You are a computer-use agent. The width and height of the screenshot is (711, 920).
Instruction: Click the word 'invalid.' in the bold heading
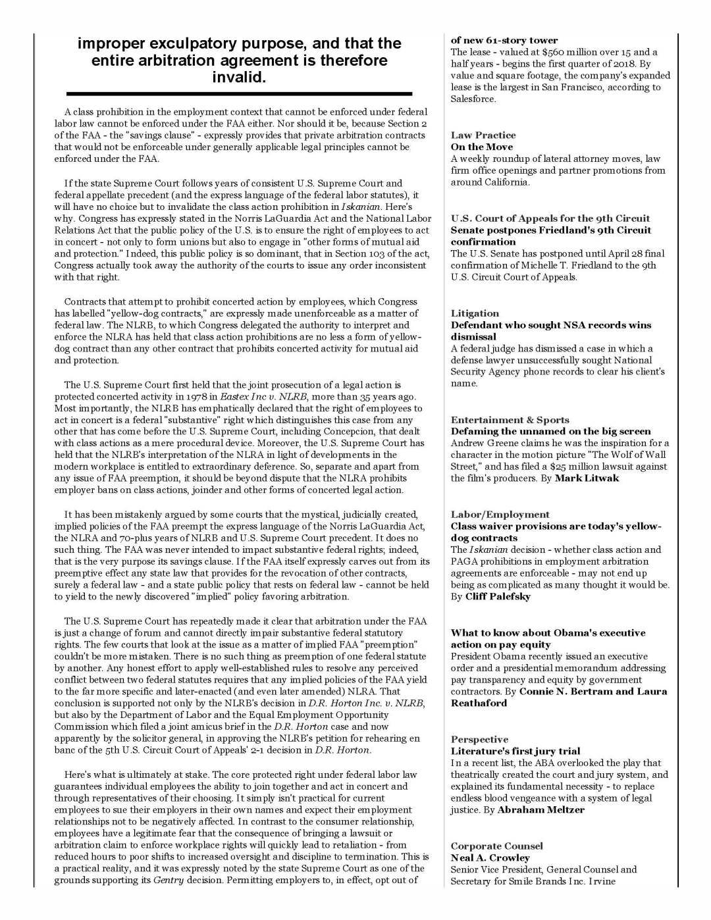tap(239, 78)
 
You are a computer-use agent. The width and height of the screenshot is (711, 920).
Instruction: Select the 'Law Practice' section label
tap(483, 135)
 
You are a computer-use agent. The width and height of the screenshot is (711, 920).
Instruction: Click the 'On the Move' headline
tap(481, 147)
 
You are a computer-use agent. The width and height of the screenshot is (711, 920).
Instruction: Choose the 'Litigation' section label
tap(475, 313)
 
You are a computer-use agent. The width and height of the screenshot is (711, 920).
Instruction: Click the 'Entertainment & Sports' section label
tap(510, 420)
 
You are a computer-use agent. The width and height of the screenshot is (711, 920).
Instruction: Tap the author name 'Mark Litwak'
tap(587, 478)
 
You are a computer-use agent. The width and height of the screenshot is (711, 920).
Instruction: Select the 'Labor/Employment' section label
tap(500, 515)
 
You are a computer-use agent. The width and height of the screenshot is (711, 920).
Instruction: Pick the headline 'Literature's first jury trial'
tap(515, 751)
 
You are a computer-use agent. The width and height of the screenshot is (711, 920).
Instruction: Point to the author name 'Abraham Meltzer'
tap(540, 810)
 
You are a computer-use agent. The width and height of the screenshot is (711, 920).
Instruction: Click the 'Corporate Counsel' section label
tap(496, 846)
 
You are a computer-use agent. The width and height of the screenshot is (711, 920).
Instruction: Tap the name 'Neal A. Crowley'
tap(490, 858)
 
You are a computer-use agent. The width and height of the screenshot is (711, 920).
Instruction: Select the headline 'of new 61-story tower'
tap(504, 40)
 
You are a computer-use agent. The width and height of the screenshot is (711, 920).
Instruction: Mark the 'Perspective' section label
tap(479, 740)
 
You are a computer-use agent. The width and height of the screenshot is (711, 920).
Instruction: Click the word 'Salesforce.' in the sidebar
tap(473, 99)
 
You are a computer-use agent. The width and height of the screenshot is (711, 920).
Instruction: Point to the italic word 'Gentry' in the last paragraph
tap(169, 881)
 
